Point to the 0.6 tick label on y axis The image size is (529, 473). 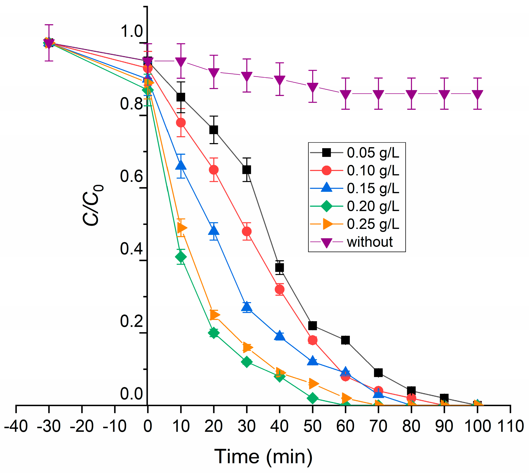(x=131, y=176)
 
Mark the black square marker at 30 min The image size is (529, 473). (x=246, y=170)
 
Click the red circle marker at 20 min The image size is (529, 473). (x=213, y=170)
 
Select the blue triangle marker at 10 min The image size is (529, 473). (x=181, y=166)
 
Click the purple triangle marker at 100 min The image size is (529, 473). (x=477, y=95)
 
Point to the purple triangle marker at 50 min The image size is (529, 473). (x=312, y=87)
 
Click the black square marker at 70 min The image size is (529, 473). (x=378, y=373)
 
